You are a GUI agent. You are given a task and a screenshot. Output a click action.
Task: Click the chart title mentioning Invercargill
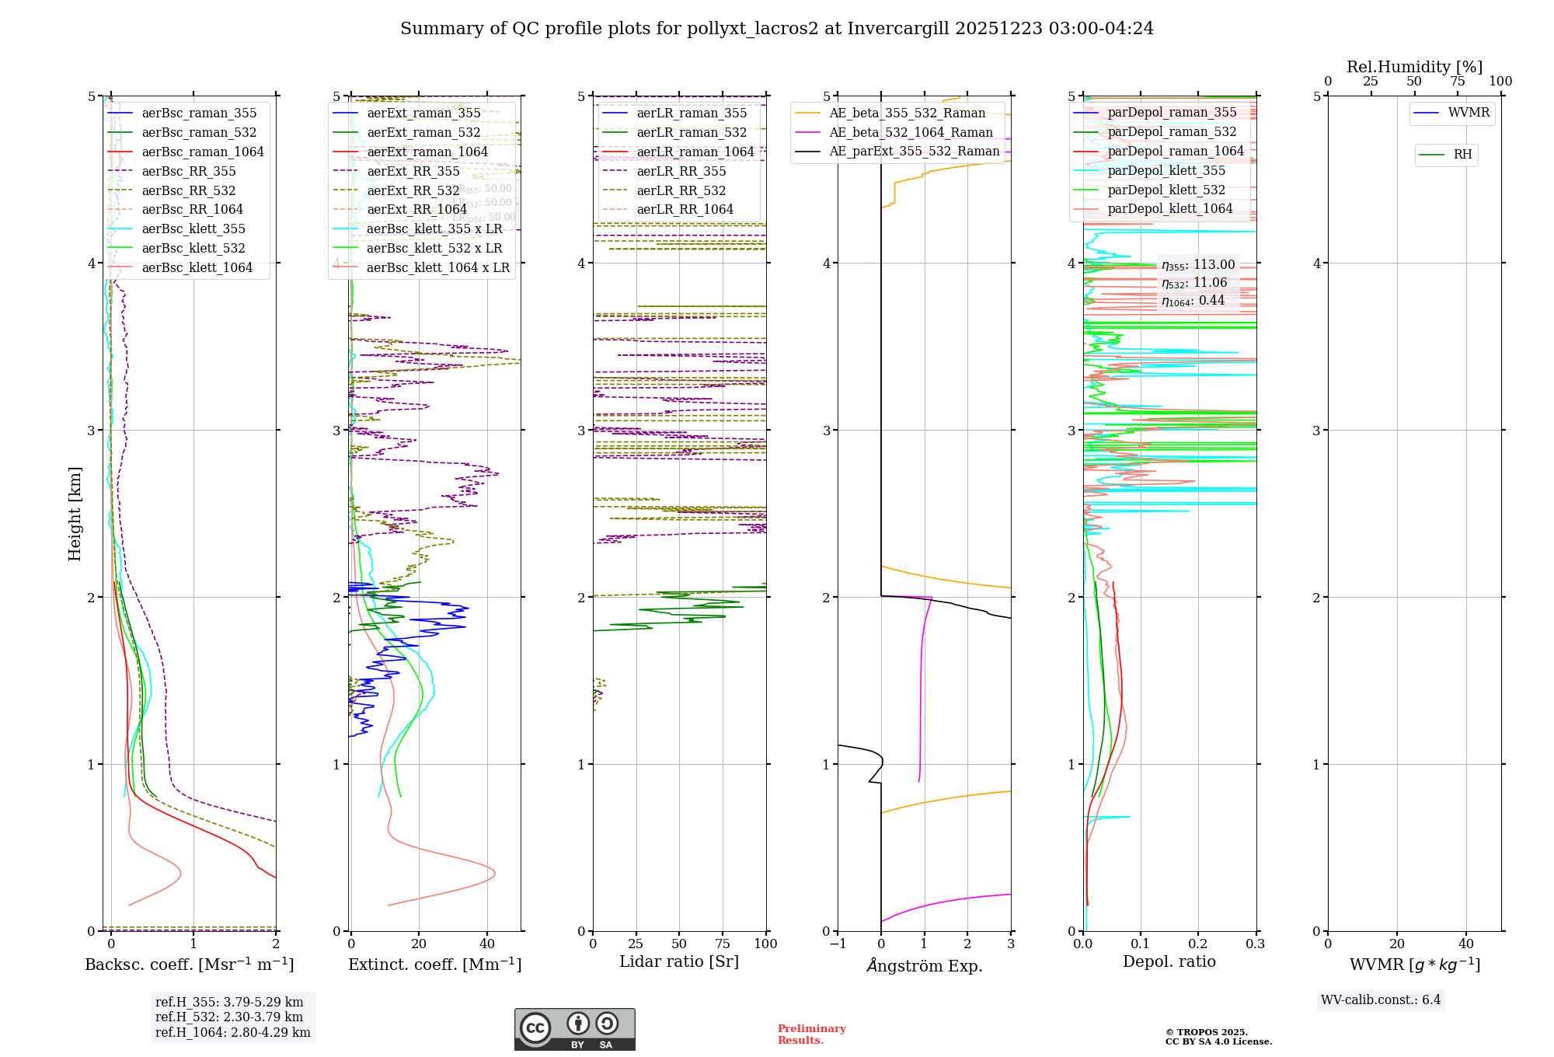(x=777, y=29)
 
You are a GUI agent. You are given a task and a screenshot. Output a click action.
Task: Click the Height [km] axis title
(x=75, y=514)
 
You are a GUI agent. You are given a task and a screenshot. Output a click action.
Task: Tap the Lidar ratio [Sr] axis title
(x=679, y=961)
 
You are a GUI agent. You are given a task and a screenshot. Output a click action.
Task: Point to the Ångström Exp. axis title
(x=925, y=965)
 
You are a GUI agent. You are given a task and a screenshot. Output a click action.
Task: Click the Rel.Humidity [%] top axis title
(x=1414, y=67)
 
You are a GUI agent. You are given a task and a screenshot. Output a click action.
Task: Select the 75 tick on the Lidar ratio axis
(x=723, y=944)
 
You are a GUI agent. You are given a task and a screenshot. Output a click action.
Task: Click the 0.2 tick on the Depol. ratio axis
(x=1197, y=944)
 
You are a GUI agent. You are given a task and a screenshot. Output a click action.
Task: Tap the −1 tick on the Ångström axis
(x=838, y=944)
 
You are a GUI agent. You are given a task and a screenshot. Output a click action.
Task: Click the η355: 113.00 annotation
(x=1198, y=265)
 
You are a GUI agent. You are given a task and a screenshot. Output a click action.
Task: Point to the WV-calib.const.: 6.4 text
(x=1381, y=999)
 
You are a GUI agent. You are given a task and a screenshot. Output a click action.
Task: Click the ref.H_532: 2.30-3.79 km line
(x=229, y=1017)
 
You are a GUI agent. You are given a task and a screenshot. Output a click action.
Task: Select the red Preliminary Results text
(x=812, y=1034)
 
